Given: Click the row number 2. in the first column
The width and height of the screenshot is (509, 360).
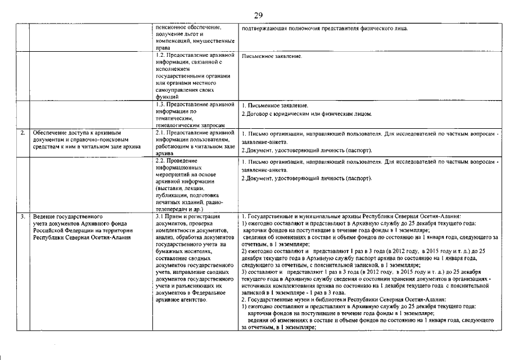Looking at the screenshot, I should (x=22, y=133).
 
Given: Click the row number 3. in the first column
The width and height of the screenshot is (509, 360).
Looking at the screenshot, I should (x=22, y=216).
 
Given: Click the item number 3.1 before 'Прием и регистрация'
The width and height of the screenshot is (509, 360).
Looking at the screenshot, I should (x=159, y=216).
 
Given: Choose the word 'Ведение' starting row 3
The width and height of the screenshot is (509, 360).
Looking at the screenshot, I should (x=44, y=216).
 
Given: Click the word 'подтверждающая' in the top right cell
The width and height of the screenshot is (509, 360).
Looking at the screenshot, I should (x=264, y=29).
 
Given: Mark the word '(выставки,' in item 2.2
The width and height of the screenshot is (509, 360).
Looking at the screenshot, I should (x=169, y=188).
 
